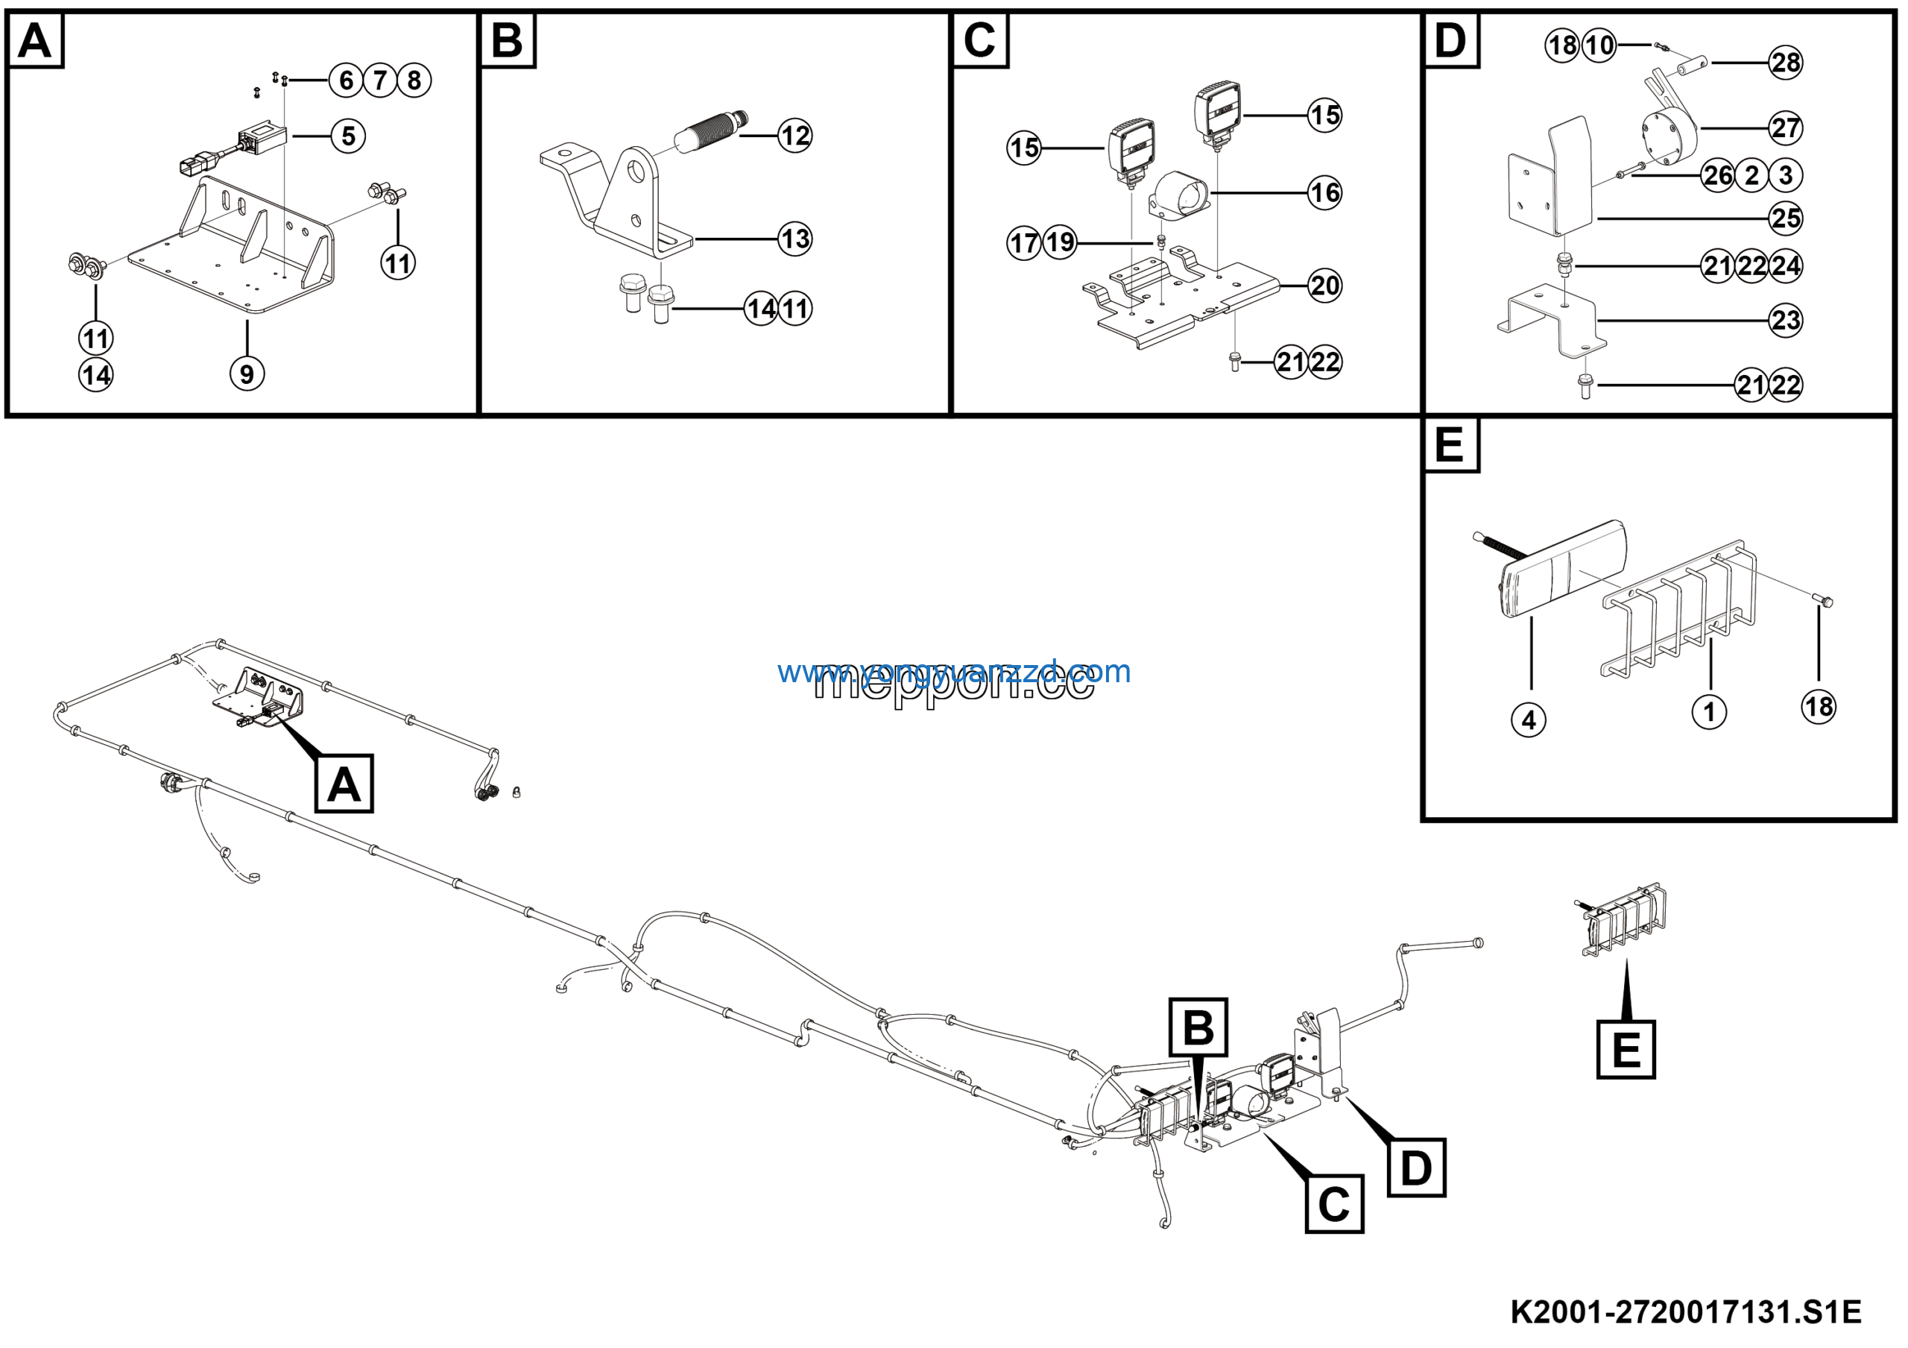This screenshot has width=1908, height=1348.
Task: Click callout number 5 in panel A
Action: click(x=348, y=136)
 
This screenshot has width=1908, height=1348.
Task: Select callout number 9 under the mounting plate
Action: click(x=247, y=374)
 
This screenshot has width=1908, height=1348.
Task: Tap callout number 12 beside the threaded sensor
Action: click(x=795, y=136)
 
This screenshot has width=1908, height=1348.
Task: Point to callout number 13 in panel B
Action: click(x=795, y=239)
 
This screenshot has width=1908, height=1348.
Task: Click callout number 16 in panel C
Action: click(x=1324, y=193)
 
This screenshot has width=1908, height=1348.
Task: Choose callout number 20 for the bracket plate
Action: click(x=1324, y=286)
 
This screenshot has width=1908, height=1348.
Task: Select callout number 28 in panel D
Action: click(x=1785, y=63)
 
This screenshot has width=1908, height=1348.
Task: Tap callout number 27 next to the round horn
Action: click(x=1785, y=129)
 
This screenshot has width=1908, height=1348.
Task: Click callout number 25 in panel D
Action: click(x=1785, y=218)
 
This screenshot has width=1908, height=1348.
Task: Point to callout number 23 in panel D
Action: click(x=1785, y=321)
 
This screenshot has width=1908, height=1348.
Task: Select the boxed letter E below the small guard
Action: click(x=1626, y=1050)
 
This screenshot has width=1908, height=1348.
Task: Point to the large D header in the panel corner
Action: click(x=1451, y=40)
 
